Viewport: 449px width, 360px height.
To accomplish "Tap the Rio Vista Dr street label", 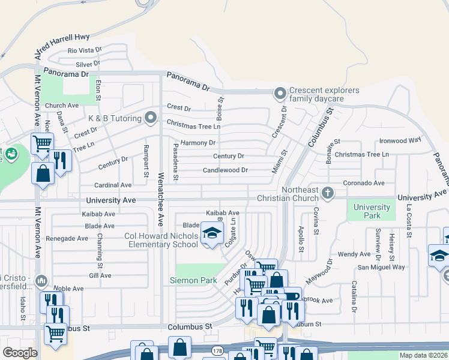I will click(x=85, y=51).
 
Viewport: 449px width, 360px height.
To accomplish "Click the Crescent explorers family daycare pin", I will click(x=279, y=94).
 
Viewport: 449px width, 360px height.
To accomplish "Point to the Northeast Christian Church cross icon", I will click(x=327, y=193).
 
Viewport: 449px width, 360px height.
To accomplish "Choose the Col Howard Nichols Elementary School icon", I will click(x=211, y=233).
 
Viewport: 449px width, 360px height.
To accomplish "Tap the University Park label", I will click(x=372, y=211).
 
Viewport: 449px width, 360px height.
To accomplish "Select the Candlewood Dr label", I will click(x=229, y=170).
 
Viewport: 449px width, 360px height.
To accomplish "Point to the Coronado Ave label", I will click(x=363, y=182).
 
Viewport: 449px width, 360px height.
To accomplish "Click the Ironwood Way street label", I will click(x=400, y=141).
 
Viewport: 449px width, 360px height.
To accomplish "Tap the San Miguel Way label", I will click(x=381, y=267).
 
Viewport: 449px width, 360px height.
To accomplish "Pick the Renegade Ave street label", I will click(x=67, y=238).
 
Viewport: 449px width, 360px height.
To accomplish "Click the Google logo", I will click(x=20, y=353).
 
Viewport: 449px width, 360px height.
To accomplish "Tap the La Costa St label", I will click(x=408, y=221).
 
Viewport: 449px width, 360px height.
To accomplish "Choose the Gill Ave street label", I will click(x=100, y=275).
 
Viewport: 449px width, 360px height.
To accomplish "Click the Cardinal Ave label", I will click(x=112, y=185).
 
